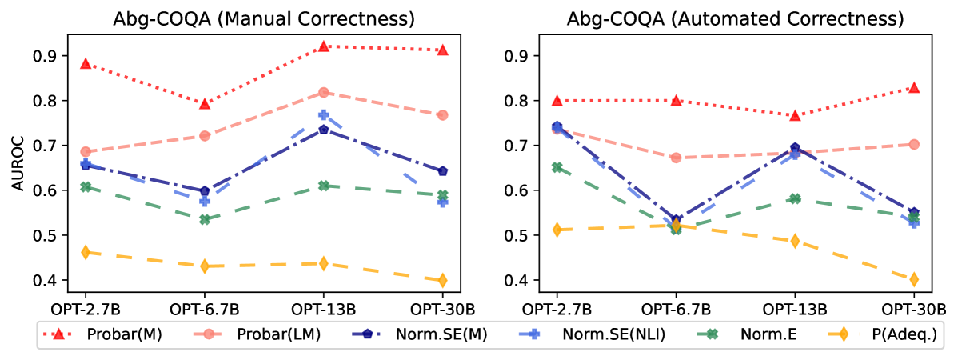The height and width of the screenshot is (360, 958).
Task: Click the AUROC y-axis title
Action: (x=17, y=167)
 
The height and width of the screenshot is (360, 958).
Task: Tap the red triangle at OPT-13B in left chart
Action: (x=324, y=46)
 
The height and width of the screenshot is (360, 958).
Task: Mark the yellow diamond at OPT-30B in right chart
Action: (x=913, y=279)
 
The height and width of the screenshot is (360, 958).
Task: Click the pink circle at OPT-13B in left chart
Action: (x=324, y=93)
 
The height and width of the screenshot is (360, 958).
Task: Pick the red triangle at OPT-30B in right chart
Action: (x=913, y=87)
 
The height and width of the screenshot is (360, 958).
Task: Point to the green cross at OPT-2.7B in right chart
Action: (x=557, y=167)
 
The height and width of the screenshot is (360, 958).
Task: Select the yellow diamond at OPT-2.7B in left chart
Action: (x=86, y=252)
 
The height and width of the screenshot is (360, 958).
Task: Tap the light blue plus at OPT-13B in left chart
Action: (x=324, y=115)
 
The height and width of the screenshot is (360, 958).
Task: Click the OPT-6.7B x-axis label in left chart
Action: (x=205, y=309)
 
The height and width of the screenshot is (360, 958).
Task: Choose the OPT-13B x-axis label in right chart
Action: (x=794, y=309)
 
